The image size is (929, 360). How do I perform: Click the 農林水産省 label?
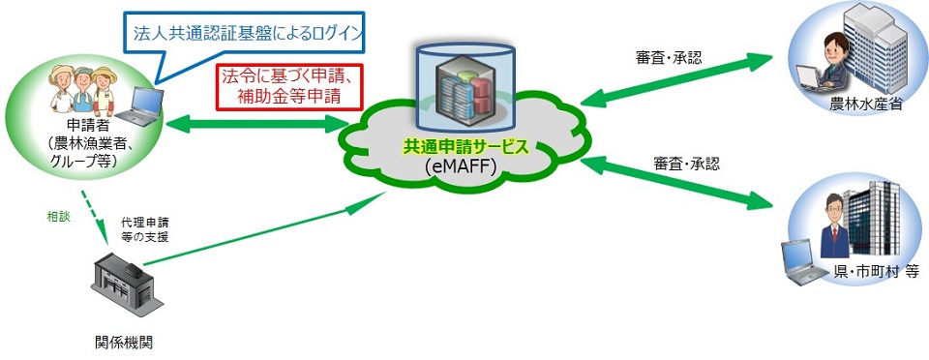866,105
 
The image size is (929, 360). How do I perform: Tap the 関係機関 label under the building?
125,342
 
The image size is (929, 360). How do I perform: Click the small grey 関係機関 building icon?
124,282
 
